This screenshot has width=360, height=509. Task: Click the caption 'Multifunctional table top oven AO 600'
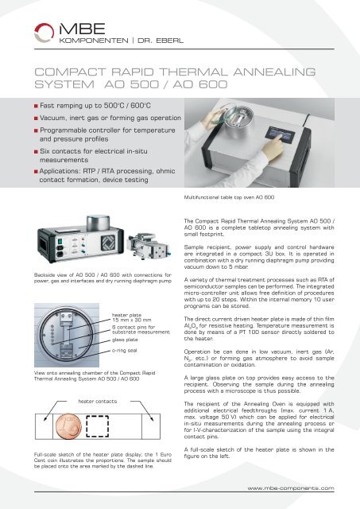pos(230,196)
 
